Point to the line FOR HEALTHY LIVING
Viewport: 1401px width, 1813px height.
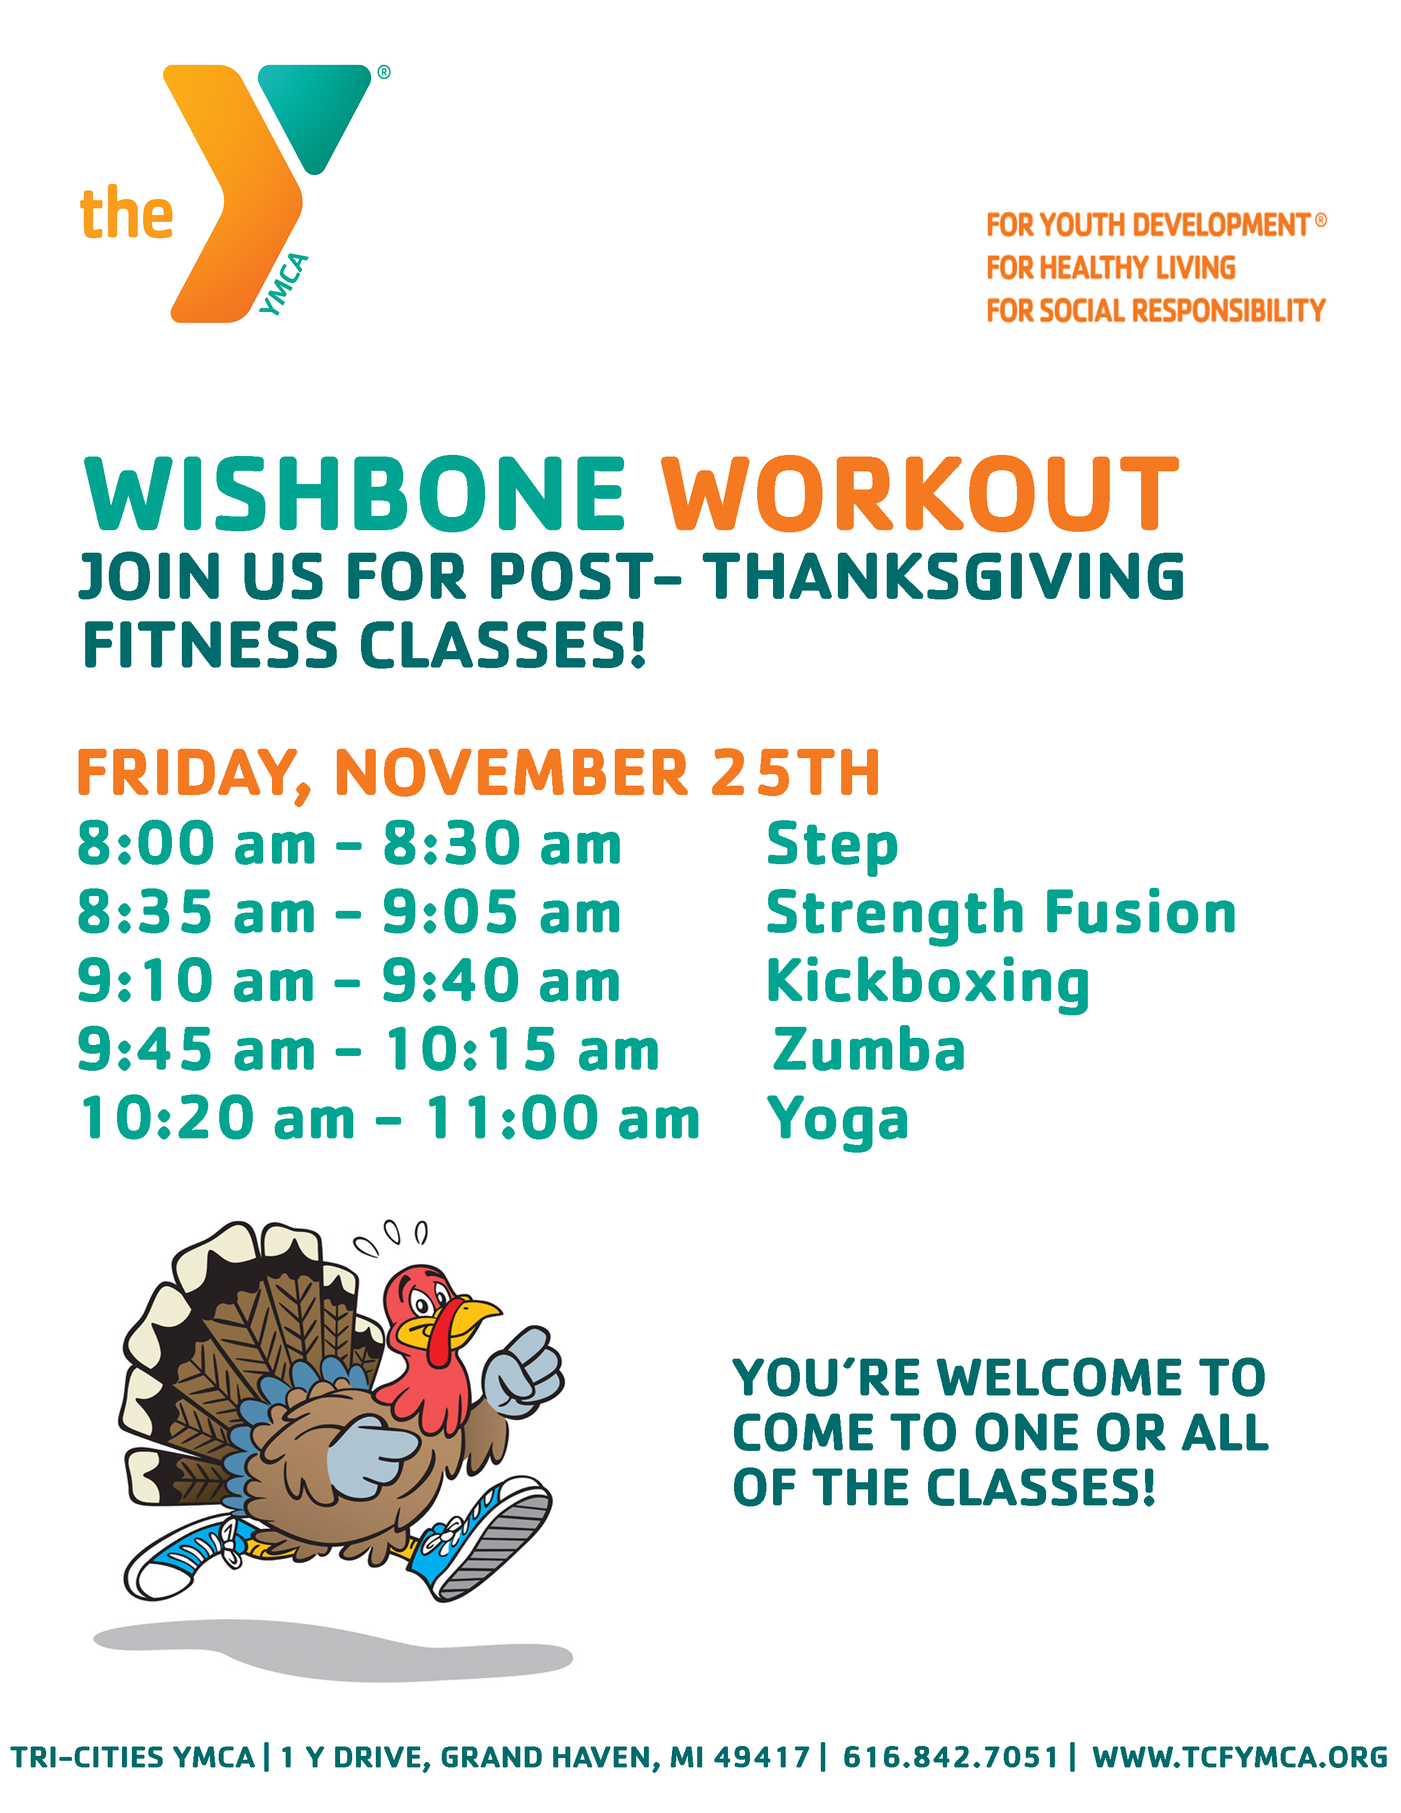tap(1110, 268)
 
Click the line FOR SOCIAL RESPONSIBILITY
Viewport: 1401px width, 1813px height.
tap(1155, 310)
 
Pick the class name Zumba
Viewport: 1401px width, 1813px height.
tap(869, 1049)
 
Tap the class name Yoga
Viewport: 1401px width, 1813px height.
tap(838, 1121)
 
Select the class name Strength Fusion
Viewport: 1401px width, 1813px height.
tap(1001, 913)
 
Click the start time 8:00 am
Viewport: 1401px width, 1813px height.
tap(197, 843)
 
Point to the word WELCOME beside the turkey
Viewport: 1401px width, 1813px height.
tap(1060, 1378)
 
